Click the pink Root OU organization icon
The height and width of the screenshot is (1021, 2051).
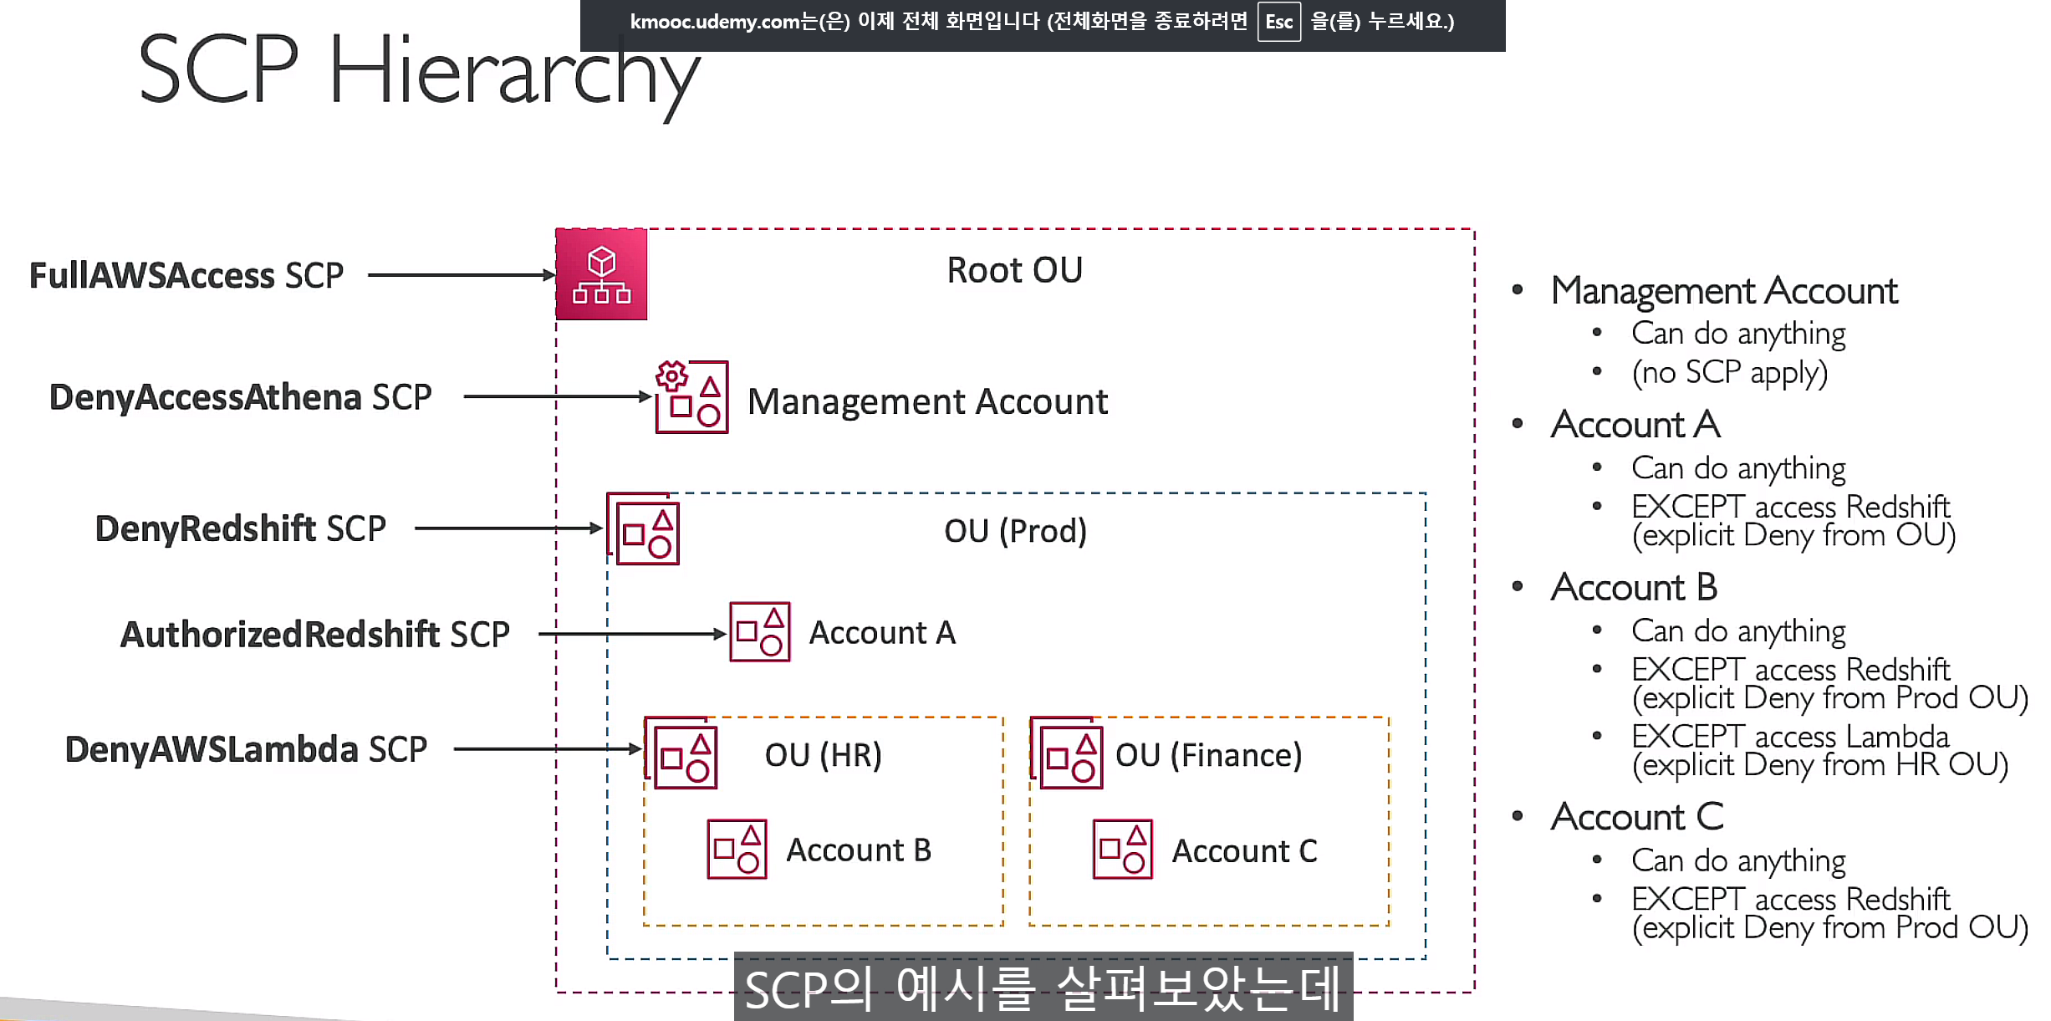pyautogui.click(x=601, y=274)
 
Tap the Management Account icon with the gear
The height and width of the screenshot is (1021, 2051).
pyautogui.click(x=691, y=397)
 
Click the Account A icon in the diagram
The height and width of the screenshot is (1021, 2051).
pyautogui.click(x=759, y=632)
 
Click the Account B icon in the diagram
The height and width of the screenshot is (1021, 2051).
pyautogui.click(x=737, y=849)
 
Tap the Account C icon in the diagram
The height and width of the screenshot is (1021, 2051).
pyautogui.click(x=1122, y=849)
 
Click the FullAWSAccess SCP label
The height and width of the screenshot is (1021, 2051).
pyautogui.click(x=186, y=276)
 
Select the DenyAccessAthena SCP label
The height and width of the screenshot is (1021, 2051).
pyautogui.click(x=240, y=397)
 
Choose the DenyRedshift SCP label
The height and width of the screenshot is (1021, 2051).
pyautogui.click(x=240, y=528)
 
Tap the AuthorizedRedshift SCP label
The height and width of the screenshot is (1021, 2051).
pyautogui.click(x=314, y=635)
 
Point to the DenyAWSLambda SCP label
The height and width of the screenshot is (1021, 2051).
pyautogui.click(x=246, y=749)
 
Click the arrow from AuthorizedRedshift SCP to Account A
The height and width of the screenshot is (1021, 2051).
pyautogui.click(x=631, y=634)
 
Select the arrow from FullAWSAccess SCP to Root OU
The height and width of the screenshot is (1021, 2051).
pyautogui.click(x=461, y=274)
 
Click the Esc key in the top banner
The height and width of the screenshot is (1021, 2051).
pyautogui.click(x=1278, y=22)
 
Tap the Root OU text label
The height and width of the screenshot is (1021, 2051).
pyautogui.click(x=1014, y=270)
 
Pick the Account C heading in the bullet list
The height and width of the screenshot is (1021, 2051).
pyautogui.click(x=1636, y=817)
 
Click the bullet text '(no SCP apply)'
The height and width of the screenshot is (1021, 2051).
pyautogui.click(x=1729, y=373)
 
